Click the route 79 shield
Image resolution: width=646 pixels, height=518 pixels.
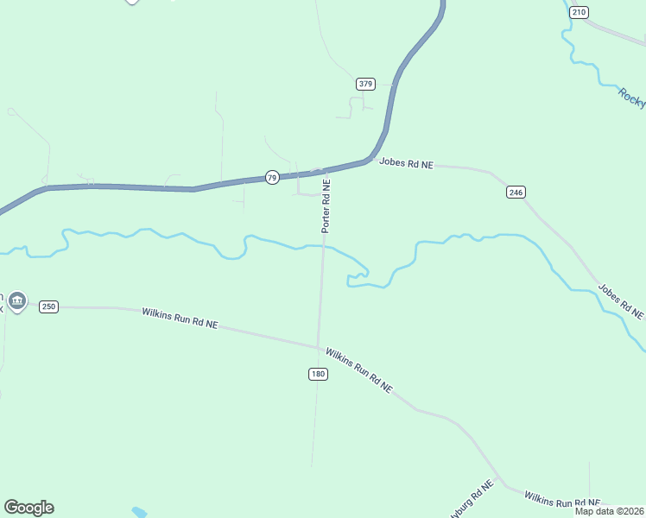pos(272,177)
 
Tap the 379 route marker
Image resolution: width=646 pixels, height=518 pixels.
pos(365,84)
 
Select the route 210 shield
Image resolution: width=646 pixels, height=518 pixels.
pos(579,11)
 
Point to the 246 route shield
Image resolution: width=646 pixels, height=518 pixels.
pos(516,192)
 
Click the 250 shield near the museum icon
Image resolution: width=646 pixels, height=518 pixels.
pos(48,306)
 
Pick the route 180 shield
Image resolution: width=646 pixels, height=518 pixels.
pos(318,374)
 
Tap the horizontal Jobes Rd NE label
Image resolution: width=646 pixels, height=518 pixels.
pos(405,163)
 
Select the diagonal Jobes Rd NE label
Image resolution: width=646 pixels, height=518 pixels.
pos(622,299)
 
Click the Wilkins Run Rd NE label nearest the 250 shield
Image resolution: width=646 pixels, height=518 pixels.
pos(180,318)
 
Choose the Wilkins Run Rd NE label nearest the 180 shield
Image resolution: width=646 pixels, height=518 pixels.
pos(359,370)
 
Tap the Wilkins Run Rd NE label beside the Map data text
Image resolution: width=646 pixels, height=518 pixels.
pos(561,500)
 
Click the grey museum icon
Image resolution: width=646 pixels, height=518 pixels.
pos(18,300)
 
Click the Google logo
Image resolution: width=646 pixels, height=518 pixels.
pos(28,508)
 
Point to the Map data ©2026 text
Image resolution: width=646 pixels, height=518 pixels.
pos(610,511)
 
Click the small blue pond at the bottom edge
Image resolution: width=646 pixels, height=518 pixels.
pos(139,512)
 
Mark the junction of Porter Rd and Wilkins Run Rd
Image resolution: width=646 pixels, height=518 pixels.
pos(319,346)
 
